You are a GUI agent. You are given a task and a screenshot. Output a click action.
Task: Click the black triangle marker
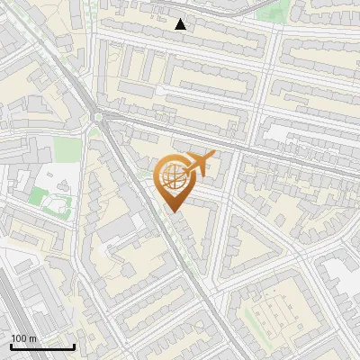tap(181, 24)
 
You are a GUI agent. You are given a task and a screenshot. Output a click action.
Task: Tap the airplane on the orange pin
tap(200, 163)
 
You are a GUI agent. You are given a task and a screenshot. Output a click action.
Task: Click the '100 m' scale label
tap(24, 338)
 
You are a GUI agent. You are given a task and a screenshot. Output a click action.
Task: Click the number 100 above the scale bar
tap(19, 338)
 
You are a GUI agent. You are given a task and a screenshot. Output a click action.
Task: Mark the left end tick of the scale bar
tap(11, 346)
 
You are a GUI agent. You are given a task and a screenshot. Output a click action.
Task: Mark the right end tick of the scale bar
tap(75, 346)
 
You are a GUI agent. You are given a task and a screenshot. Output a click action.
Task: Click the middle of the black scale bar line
tap(42, 347)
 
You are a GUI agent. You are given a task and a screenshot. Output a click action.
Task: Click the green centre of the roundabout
tap(97, 116)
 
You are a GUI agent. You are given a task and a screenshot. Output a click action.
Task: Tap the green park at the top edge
tap(279, 9)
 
